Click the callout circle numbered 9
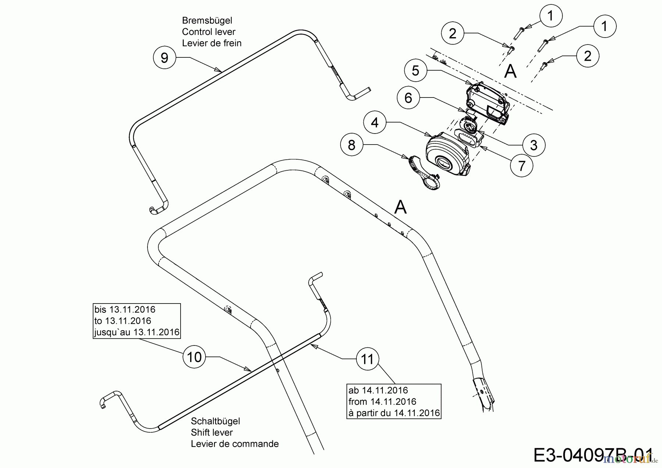[164, 57]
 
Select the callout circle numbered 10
[194, 357]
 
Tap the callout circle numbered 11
[367, 359]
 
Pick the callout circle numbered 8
[352, 145]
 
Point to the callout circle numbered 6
[408, 98]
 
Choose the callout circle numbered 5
[415, 70]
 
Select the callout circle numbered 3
[534, 145]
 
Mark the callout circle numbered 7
[522, 166]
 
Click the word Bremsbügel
[207, 21]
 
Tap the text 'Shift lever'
[211, 432]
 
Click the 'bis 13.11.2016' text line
[125, 310]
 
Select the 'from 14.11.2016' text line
[382, 401]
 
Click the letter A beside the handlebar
[401, 207]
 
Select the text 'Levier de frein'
[211, 43]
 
